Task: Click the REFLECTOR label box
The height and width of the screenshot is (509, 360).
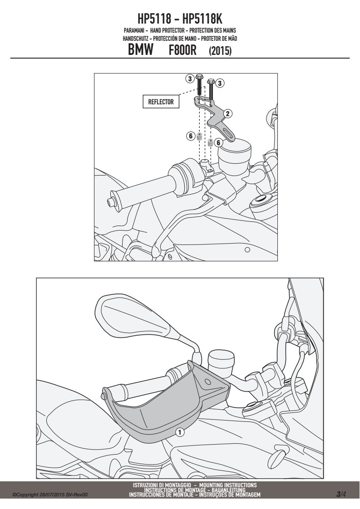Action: point(161,102)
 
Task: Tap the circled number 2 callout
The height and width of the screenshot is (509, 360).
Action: point(228,113)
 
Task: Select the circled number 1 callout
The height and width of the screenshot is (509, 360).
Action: point(180,432)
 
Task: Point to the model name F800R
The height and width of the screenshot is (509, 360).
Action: point(182,51)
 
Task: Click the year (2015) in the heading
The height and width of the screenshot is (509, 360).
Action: point(220,51)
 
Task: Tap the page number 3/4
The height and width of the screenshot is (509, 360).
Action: point(341,494)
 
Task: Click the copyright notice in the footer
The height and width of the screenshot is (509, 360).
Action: point(50,495)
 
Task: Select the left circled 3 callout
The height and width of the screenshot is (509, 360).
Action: point(190,78)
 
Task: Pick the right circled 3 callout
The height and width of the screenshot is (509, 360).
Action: point(220,83)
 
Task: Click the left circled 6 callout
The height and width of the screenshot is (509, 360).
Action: point(191,136)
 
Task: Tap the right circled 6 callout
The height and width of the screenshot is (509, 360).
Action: point(218,142)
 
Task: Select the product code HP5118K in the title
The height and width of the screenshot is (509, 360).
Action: point(202,19)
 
